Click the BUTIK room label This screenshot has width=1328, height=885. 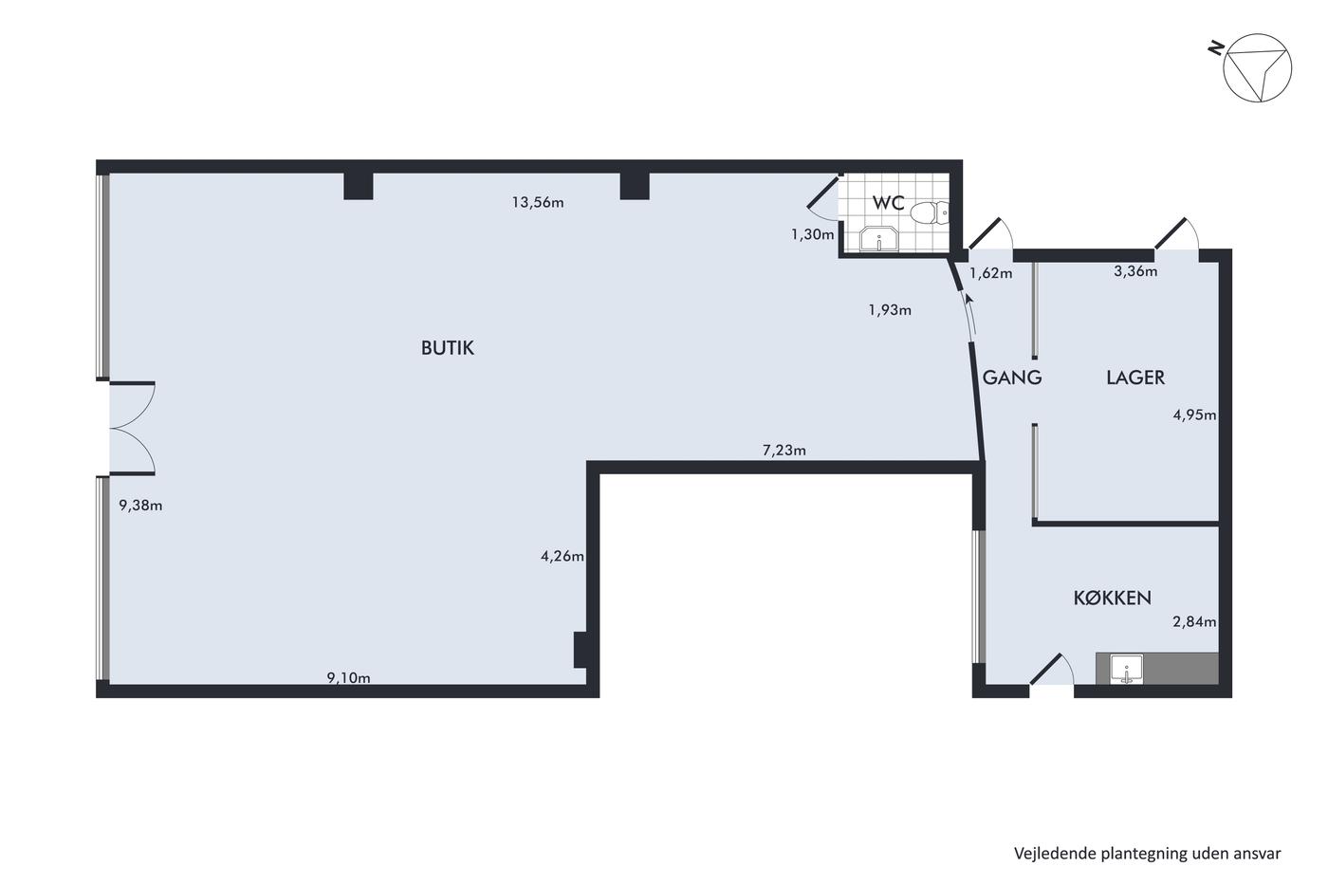tap(448, 348)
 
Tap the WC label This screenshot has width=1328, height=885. tap(888, 203)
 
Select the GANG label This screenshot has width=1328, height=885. tap(1012, 378)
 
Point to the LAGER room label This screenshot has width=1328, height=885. tap(1135, 378)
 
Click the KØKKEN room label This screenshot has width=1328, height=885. tap(1112, 599)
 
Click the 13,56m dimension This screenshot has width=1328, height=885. tap(538, 203)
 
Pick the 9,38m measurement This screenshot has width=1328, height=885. tap(140, 506)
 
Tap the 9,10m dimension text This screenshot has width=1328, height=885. tap(349, 677)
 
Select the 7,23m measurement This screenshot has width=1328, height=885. tap(784, 451)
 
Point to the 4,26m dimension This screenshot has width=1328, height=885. tap(562, 556)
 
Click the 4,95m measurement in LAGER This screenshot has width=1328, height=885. tap(1194, 415)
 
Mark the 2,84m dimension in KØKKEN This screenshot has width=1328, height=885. tap(1194, 622)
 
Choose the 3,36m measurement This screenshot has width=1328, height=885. tap(1135, 271)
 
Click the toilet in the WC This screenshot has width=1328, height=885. tap(929, 212)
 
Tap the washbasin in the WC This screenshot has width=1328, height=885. tap(878, 238)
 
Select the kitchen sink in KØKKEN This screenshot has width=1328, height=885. tap(1127, 670)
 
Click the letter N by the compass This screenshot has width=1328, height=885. tap(1216, 47)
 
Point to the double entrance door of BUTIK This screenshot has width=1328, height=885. tap(132, 428)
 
